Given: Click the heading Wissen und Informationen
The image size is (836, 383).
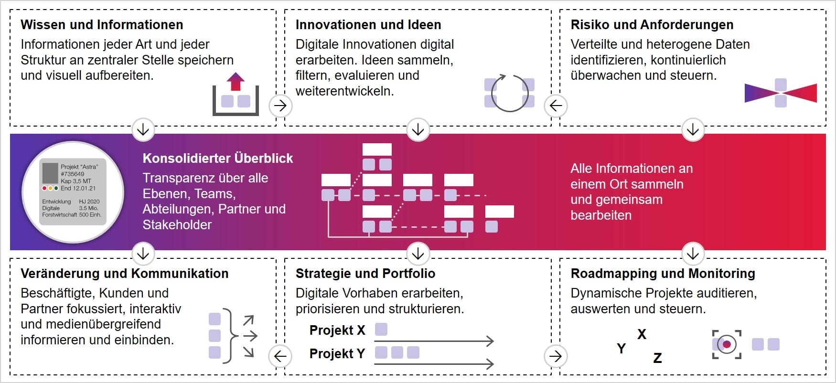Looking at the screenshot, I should click(x=102, y=25).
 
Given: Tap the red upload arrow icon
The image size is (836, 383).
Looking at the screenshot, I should click(x=235, y=82).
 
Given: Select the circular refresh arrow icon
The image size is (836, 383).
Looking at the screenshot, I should click(x=509, y=93).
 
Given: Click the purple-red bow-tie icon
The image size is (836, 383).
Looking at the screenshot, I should click(x=781, y=93).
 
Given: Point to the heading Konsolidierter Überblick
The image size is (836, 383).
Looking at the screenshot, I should click(x=217, y=159).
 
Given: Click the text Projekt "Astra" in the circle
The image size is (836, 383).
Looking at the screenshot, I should click(x=79, y=167).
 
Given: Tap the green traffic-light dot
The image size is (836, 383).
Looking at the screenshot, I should click(x=56, y=188).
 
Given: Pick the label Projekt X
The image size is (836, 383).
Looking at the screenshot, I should click(x=337, y=330).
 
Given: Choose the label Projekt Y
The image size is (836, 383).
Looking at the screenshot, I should click(x=337, y=353).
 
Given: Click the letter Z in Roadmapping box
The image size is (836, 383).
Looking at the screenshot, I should click(x=657, y=358).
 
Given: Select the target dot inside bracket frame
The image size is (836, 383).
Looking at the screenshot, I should click(x=727, y=344).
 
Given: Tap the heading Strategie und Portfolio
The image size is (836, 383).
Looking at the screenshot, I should click(x=365, y=274).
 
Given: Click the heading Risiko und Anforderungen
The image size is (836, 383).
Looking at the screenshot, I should click(x=652, y=25).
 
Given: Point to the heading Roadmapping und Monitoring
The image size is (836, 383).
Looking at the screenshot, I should click(x=663, y=274).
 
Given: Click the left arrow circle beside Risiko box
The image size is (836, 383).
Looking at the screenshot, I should click(x=556, y=106).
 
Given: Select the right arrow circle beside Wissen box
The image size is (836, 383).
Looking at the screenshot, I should click(x=280, y=106).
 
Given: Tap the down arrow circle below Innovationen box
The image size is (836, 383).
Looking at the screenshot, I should click(x=418, y=129).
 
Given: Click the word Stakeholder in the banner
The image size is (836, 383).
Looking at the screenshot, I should click(x=177, y=225).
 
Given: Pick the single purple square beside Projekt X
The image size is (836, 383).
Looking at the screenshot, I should click(x=381, y=330).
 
